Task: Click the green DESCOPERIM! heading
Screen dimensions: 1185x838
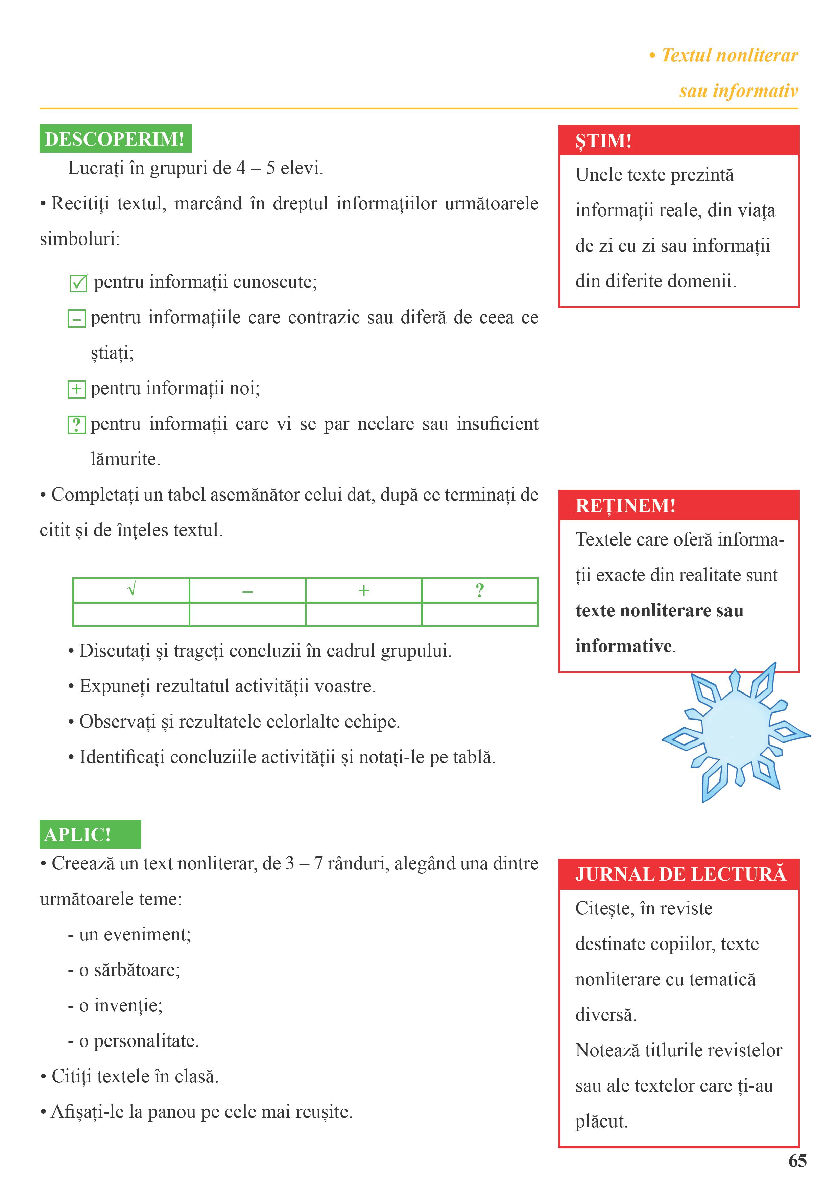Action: (115, 139)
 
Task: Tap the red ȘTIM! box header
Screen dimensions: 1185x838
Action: (678, 141)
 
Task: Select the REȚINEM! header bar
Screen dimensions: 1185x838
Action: (678, 505)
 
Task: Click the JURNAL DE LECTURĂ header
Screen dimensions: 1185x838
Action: (678, 874)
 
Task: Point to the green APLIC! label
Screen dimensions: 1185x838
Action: (90, 834)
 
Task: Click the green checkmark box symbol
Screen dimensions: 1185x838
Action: (78, 283)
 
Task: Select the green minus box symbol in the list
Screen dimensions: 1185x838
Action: (76, 319)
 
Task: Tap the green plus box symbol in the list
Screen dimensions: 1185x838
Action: (76, 389)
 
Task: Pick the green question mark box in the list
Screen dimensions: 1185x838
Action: (76, 425)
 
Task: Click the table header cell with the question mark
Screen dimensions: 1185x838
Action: (480, 590)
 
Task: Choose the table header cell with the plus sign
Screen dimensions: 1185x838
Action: (363, 590)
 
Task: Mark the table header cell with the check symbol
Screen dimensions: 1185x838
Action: (131, 590)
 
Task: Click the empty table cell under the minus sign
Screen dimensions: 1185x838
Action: (247, 614)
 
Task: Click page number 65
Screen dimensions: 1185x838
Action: (797, 1161)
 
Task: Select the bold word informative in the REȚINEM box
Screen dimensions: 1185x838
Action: (623, 646)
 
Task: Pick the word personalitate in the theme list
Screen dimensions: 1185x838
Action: (146, 1041)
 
